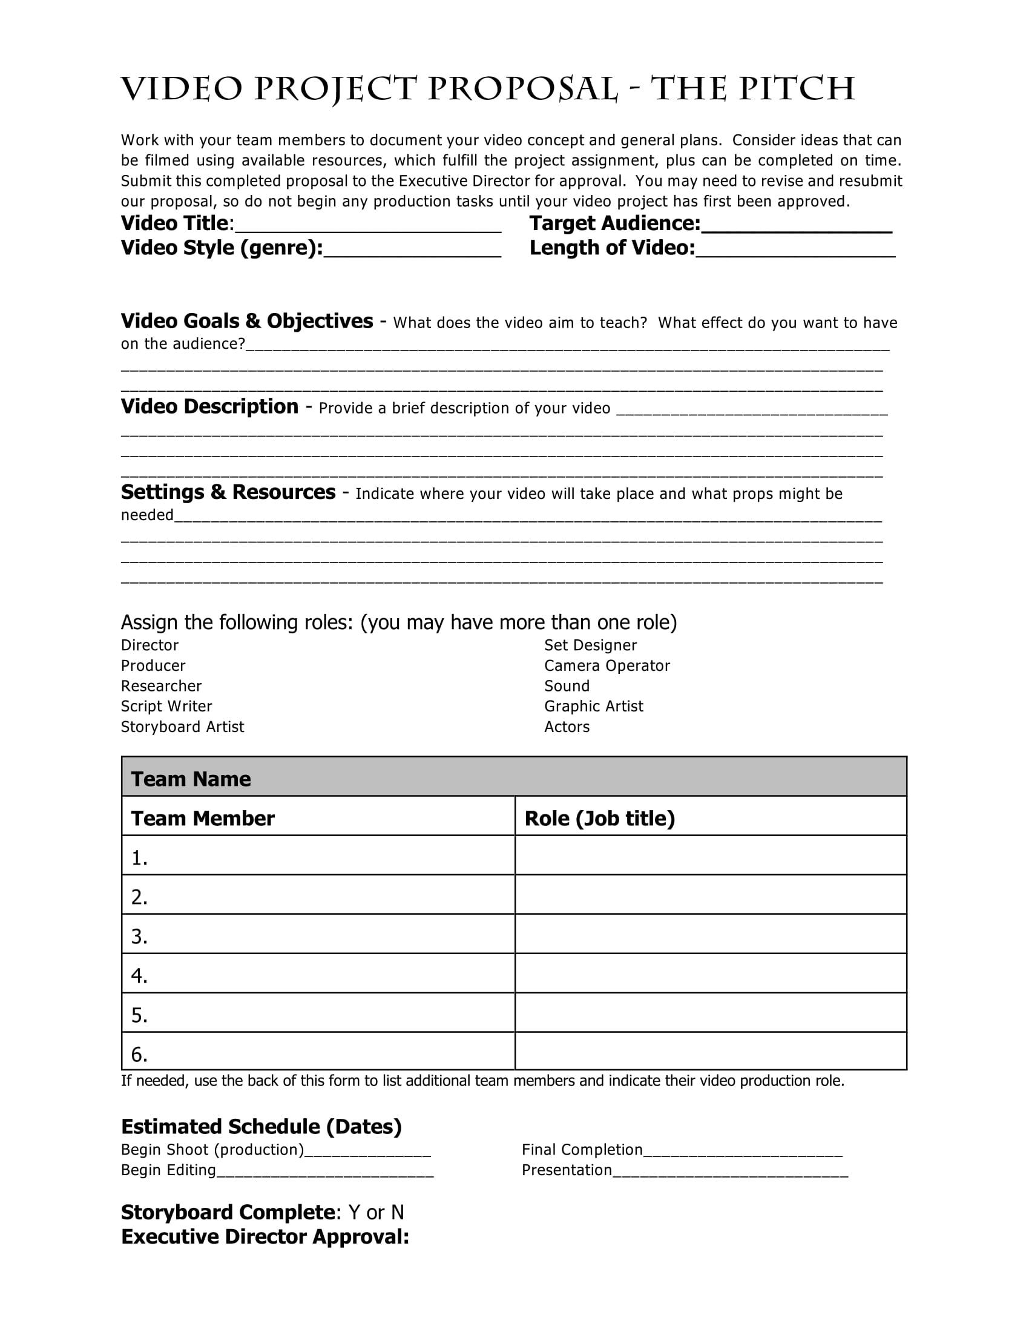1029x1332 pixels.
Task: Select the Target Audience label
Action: [x=614, y=224]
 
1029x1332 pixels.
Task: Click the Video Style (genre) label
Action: [x=222, y=248]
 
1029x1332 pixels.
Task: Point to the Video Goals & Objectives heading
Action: [x=246, y=321]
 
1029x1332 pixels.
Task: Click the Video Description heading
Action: [x=209, y=407]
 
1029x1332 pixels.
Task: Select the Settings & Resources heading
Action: [x=228, y=492]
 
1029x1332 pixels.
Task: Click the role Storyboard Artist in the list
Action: [x=182, y=727]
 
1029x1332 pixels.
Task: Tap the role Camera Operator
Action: [x=607, y=666]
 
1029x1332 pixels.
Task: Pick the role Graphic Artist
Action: [x=593, y=706]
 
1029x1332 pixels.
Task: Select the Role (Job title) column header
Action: [x=599, y=819]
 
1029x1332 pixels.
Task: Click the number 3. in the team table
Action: [x=139, y=936]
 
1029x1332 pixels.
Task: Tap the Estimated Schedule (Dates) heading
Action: [x=261, y=1127]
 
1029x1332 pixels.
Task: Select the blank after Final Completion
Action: [x=743, y=1151]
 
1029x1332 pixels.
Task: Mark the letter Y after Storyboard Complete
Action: [x=354, y=1213]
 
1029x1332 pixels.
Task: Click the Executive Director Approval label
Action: [x=265, y=1237]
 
